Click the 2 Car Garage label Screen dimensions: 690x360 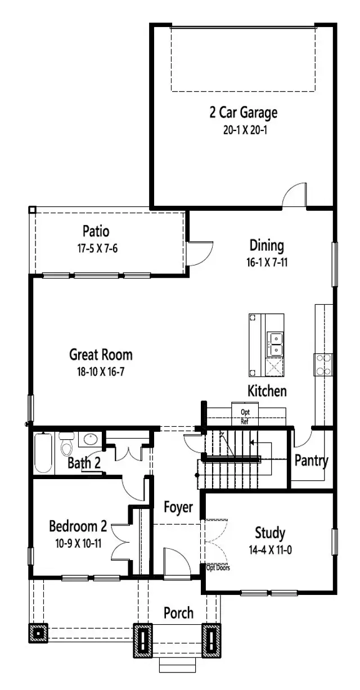click(243, 112)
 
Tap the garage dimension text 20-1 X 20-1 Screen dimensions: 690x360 click(243, 129)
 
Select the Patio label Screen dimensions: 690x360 click(96, 231)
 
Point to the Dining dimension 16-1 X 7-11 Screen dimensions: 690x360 click(266, 261)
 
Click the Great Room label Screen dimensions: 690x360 click(101, 354)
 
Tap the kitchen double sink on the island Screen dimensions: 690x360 click(276, 344)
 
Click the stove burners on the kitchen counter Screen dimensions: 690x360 click(323, 364)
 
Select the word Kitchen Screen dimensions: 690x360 click(267, 391)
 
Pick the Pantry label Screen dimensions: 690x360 click(311, 461)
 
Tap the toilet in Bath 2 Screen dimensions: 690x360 click(67, 446)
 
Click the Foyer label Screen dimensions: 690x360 click(178, 507)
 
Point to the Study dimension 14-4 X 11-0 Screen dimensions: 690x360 click(269, 550)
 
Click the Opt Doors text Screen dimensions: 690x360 click(218, 567)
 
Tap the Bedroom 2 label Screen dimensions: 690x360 click(78, 526)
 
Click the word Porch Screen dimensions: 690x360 click(178, 612)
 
